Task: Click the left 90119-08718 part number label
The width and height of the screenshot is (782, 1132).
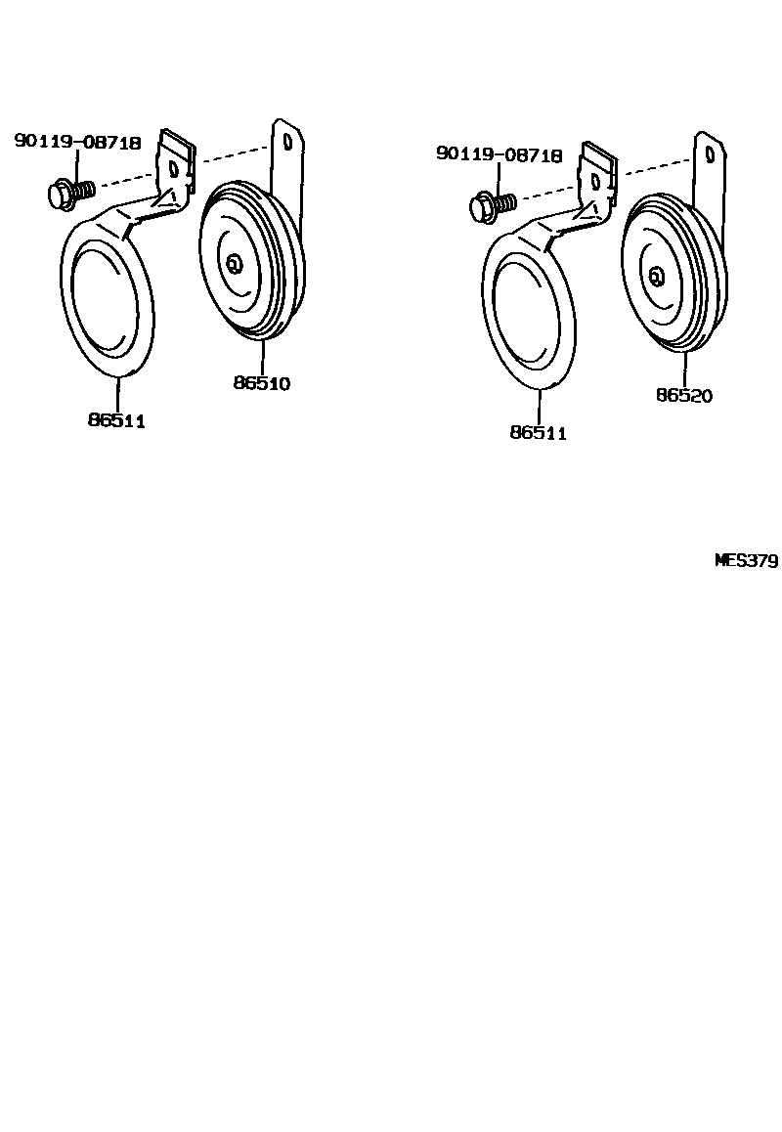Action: tap(78, 143)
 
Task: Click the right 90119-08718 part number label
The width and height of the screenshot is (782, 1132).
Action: tap(500, 155)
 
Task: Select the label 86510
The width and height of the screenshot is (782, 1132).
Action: tap(262, 384)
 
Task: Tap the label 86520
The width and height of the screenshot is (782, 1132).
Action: tap(684, 396)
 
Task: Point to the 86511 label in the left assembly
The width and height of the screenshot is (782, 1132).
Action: tap(116, 420)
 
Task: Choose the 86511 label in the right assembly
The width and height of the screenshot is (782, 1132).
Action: tap(538, 433)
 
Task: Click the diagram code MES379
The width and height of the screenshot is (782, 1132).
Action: tap(746, 561)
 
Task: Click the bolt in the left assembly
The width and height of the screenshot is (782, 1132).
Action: tap(65, 192)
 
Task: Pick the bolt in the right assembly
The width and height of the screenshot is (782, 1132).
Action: tap(488, 205)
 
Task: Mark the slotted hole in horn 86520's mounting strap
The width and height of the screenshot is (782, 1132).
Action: tap(710, 152)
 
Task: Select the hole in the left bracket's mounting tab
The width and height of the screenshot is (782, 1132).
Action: tap(175, 168)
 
